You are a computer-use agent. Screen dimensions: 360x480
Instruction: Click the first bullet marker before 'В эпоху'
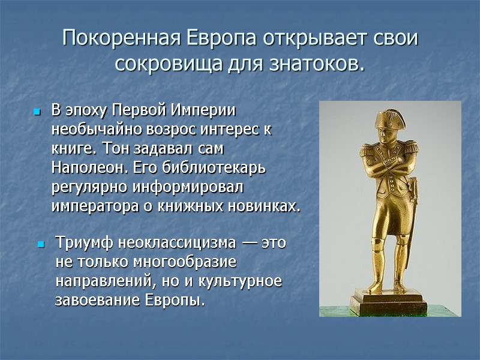pyautogui.click(x=37, y=112)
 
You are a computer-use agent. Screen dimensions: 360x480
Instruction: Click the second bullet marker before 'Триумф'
pyautogui.click(x=41, y=245)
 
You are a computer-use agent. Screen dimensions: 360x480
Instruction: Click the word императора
pyautogui.click(x=90, y=206)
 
